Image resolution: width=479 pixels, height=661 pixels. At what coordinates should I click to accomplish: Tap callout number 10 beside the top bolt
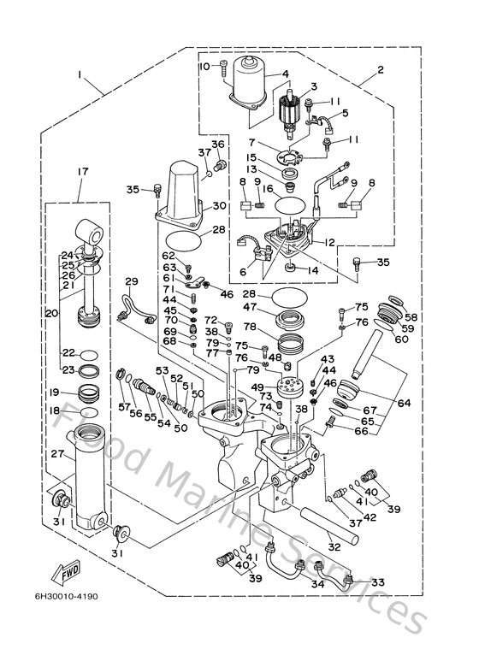point(204,66)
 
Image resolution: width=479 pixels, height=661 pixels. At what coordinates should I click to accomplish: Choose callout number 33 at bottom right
point(377,581)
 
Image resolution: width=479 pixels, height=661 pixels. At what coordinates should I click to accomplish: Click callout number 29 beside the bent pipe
point(131,281)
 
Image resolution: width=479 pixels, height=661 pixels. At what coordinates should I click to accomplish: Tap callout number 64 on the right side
point(401,402)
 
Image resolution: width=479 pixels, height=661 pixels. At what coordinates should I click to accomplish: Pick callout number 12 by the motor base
point(329,244)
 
